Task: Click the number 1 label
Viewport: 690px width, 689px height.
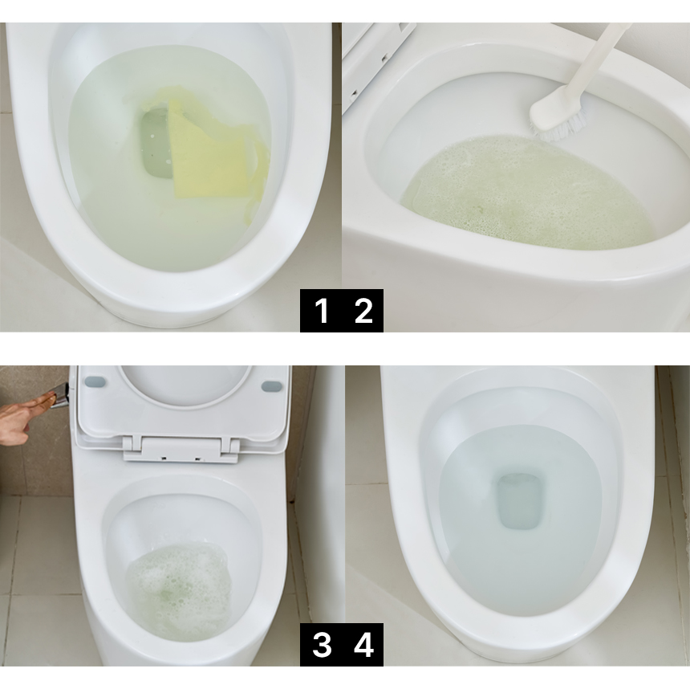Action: point(322,311)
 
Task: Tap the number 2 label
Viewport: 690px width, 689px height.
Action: point(363,311)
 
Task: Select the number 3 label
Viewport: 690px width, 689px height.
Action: point(322,645)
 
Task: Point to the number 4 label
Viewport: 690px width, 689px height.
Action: point(364,645)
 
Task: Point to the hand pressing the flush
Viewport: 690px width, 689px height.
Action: point(23,416)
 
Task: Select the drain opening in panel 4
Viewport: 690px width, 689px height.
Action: point(519,501)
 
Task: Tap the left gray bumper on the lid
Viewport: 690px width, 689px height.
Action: point(95,382)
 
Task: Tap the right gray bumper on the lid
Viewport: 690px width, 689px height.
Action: point(271,387)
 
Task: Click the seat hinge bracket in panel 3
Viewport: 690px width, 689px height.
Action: point(181,450)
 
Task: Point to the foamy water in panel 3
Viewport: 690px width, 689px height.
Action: point(178,593)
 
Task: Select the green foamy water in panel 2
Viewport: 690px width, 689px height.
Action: point(528,194)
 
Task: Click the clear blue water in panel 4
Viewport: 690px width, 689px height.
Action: point(519,520)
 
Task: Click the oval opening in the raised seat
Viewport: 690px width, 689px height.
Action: point(185,385)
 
